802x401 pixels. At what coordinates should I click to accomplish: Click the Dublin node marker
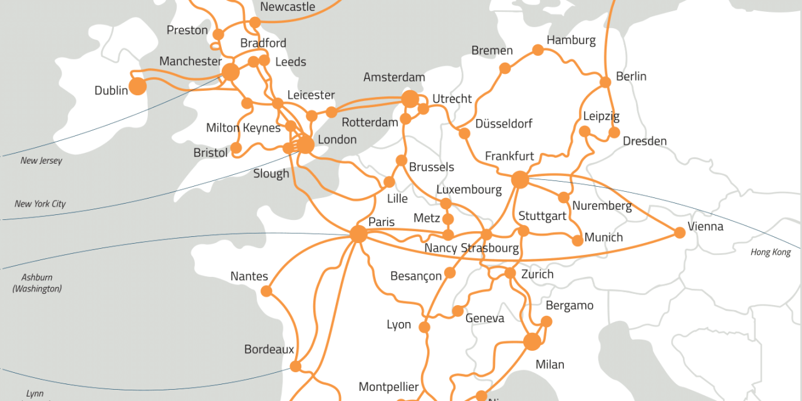pyautogui.click(x=137, y=86)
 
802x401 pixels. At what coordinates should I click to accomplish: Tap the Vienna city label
pyautogui.click(x=706, y=227)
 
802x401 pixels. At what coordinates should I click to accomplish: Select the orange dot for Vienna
pyautogui.click(x=680, y=233)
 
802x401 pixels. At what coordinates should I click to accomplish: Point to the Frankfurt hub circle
pyautogui.click(x=520, y=180)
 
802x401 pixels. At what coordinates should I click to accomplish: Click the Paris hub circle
pyautogui.click(x=358, y=234)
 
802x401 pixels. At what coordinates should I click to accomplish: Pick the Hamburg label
pyautogui.click(x=571, y=40)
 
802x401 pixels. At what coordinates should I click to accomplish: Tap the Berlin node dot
pyautogui.click(x=605, y=82)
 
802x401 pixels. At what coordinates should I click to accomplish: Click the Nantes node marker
pyautogui.click(x=266, y=291)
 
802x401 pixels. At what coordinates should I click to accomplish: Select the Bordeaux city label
pyautogui.click(x=269, y=350)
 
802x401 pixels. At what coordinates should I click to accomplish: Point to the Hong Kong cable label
pyautogui.click(x=771, y=253)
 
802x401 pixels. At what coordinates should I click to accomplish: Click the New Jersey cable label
pyautogui.click(x=41, y=160)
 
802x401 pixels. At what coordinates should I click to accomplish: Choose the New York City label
pyautogui.click(x=40, y=204)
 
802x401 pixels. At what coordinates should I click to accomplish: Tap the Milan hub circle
pyautogui.click(x=532, y=341)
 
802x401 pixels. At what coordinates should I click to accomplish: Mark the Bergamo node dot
pyautogui.click(x=546, y=321)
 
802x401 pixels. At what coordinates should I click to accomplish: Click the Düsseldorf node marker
pyautogui.click(x=464, y=133)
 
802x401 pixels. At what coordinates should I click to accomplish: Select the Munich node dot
pyautogui.click(x=578, y=241)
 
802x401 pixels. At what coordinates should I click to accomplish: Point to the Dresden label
pyautogui.click(x=645, y=141)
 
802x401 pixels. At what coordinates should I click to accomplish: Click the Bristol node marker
pyautogui.click(x=236, y=148)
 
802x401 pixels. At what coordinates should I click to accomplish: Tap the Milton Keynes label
pyautogui.click(x=243, y=128)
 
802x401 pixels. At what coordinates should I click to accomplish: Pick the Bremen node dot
pyautogui.click(x=505, y=68)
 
